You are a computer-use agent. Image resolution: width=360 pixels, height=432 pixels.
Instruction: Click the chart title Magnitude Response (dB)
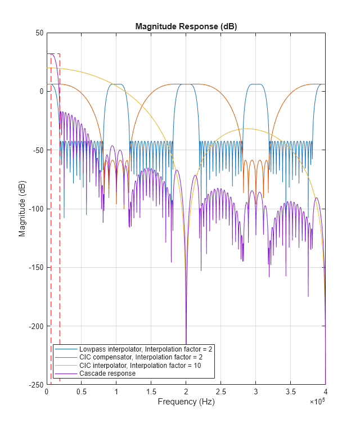(186, 26)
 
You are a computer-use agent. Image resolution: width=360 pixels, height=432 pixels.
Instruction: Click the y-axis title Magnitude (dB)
(22, 209)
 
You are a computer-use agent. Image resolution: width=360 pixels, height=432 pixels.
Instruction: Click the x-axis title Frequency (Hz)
(186, 402)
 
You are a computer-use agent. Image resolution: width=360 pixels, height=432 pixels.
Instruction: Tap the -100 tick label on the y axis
(37, 209)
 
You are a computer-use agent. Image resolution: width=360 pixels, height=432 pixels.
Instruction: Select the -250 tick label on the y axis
(37, 385)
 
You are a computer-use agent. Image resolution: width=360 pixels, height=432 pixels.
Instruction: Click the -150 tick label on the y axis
(37, 268)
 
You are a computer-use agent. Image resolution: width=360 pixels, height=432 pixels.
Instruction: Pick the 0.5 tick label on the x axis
(81, 391)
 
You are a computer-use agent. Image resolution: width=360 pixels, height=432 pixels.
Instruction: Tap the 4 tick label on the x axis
(325, 391)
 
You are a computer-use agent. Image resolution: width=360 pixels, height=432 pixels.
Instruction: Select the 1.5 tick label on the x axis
(151, 391)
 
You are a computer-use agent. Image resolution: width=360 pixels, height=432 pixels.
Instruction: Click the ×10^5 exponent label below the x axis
(317, 402)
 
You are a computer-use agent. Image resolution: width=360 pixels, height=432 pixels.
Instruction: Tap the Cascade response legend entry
(107, 373)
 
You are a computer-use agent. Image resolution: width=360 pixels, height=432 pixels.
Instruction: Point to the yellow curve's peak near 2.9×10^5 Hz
(246, 129)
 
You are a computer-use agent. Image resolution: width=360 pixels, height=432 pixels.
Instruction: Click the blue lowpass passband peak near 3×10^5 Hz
(256, 84)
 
